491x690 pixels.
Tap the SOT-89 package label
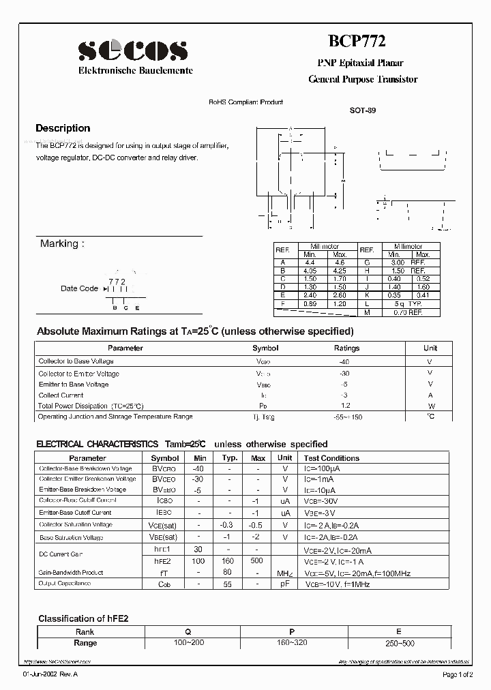(362, 110)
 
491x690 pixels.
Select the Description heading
(63, 128)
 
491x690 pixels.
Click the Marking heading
(62, 243)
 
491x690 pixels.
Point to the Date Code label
(79, 288)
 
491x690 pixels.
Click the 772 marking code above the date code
(117, 281)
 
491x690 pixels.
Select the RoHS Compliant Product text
(245, 102)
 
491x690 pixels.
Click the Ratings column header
(346, 348)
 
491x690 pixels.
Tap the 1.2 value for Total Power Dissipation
(345, 406)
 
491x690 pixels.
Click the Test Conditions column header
(331, 458)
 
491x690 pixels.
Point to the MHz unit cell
(285, 573)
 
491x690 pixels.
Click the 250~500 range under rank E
(399, 643)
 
